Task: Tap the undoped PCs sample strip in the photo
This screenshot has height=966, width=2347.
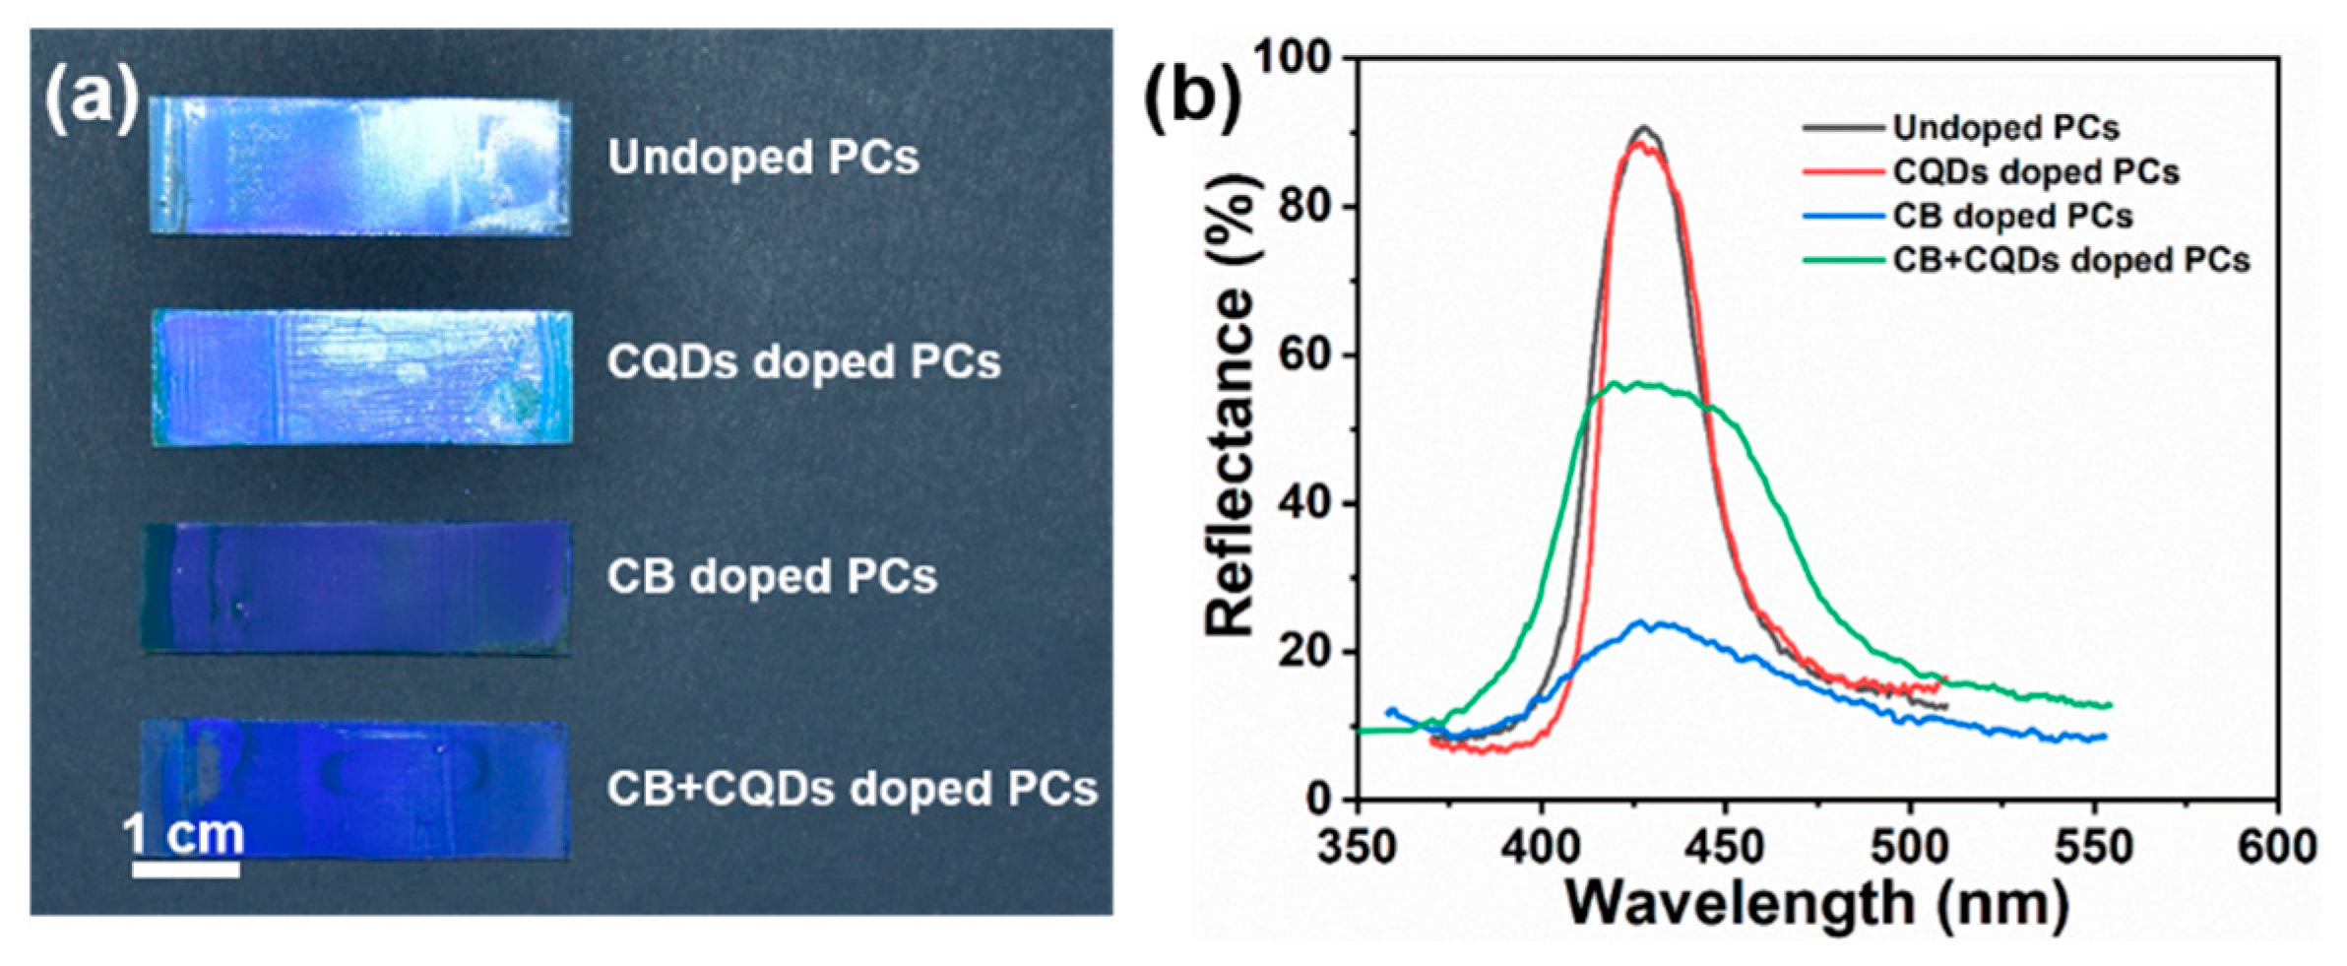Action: pyautogui.click(x=360, y=165)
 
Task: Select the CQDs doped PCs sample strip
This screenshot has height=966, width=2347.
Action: pyautogui.click(x=362, y=377)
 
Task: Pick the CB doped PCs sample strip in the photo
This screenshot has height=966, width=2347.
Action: pyautogui.click(x=357, y=587)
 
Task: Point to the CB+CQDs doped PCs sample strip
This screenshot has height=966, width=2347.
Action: pyautogui.click(x=355, y=790)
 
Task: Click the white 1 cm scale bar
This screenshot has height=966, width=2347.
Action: pyautogui.click(x=186, y=869)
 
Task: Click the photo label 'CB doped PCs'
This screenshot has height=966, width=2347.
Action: pyautogui.click(x=771, y=577)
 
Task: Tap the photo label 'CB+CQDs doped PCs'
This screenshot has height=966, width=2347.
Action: pyautogui.click(x=852, y=789)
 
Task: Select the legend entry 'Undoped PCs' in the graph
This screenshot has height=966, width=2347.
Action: pyautogui.click(x=2005, y=128)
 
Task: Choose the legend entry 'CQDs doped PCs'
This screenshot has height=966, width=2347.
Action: pyautogui.click(x=2035, y=172)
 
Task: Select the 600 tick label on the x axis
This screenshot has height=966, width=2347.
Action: pyautogui.click(x=2276, y=847)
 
